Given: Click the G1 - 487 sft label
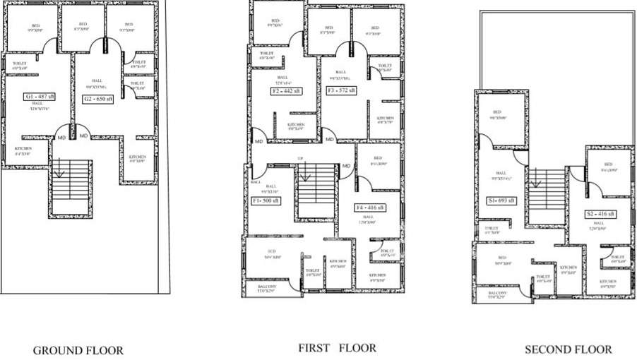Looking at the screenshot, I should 41,96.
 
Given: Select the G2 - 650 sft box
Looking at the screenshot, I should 99,99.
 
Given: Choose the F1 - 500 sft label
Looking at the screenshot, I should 267,200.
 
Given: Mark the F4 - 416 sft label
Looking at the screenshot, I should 370,208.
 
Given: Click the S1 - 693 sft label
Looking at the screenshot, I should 501,201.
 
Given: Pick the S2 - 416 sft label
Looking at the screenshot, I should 599,213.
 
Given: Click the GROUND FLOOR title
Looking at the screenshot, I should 78,350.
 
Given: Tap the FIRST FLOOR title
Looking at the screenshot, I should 337,348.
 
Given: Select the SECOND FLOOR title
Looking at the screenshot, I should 568,349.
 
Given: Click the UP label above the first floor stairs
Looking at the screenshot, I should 300,158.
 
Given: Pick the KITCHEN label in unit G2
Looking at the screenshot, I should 138,157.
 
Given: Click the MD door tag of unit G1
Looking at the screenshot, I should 62,136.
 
